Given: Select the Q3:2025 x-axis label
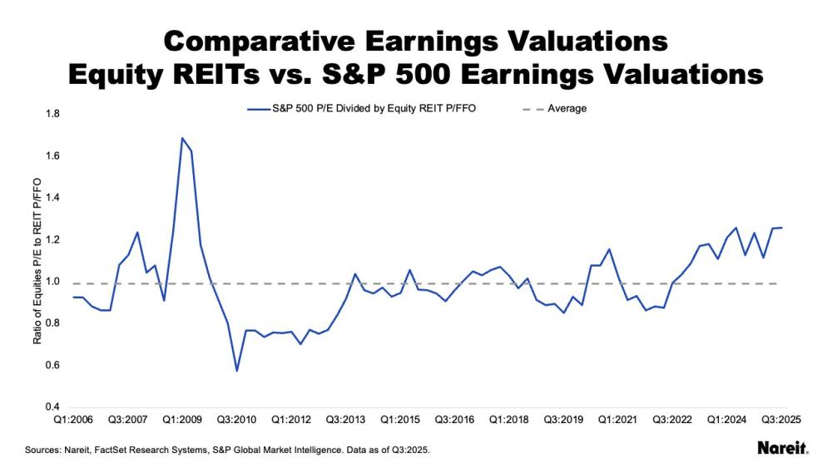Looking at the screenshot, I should pos(783,421).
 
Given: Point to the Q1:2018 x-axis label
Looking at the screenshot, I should pos(507,421).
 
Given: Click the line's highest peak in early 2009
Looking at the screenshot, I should pos(181,138).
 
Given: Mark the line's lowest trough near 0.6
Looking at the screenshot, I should pos(236,371).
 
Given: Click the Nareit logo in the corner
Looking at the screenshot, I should pos(781,449).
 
